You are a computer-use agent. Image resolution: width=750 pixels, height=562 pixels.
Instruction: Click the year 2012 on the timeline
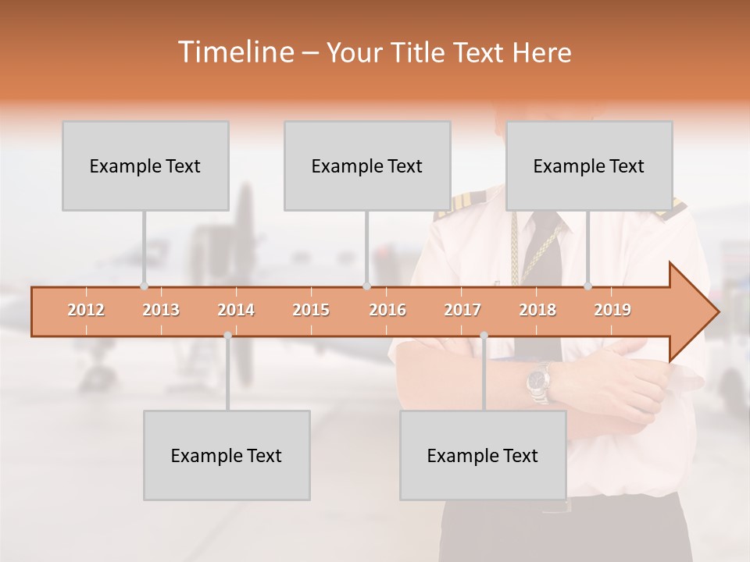pos(86,310)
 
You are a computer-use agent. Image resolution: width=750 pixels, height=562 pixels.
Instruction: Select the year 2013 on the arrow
pos(161,310)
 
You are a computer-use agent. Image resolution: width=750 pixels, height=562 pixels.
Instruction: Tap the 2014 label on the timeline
pos(236,310)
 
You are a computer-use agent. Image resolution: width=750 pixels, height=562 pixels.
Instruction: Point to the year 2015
pos(311,310)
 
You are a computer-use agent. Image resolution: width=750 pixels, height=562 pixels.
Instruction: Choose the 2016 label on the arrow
pos(387,310)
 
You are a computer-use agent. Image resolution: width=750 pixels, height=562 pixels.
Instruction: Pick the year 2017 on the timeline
pos(462,310)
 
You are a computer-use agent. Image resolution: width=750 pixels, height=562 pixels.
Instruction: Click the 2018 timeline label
pos(537,310)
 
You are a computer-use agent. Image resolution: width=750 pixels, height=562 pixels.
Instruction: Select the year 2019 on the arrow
pos(612,310)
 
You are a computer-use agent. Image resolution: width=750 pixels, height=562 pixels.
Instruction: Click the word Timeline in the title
pos(234,52)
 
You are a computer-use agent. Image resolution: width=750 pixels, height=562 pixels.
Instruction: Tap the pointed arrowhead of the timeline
pos(699,312)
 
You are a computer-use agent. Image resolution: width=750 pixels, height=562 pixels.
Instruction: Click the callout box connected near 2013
pos(145,165)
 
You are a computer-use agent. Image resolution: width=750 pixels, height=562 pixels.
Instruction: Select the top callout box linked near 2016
pos(367,165)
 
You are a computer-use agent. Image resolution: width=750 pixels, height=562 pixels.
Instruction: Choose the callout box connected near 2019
pos(589,165)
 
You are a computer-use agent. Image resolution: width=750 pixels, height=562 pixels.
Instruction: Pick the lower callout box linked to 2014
pos(227,455)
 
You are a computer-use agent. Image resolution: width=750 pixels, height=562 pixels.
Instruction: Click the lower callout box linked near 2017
pos(483,455)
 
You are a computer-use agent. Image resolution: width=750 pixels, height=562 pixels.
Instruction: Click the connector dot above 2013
pos(144,286)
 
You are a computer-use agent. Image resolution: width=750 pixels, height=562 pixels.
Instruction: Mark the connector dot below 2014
pos(227,336)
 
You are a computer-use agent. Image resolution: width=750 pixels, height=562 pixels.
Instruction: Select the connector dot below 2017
pos(484,336)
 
